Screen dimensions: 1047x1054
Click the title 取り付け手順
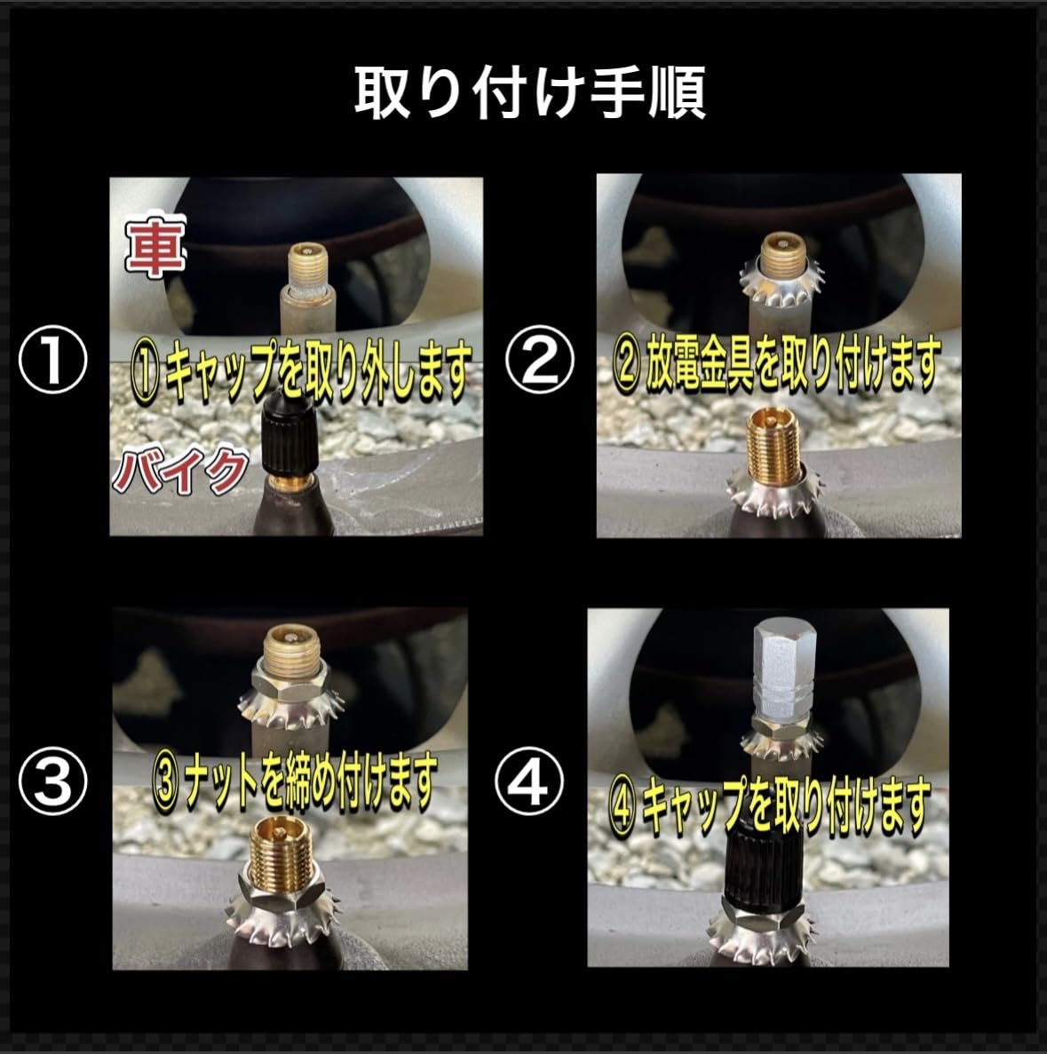coord(530,92)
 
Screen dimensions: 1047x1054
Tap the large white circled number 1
coord(53,359)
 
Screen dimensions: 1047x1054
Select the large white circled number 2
coord(539,359)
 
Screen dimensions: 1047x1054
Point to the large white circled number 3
coord(53,781)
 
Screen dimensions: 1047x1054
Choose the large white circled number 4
coord(528,781)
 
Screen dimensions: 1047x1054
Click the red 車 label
coord(155,246)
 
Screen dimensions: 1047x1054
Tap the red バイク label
coord(180,472)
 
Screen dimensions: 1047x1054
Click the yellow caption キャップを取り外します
coord(317,372)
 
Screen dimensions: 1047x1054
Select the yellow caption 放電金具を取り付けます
coord(792,364)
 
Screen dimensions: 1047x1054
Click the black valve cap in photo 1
coord(288,436)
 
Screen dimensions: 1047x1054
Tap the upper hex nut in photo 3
coord(290,679)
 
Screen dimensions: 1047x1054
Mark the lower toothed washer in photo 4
coord(763,939)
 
